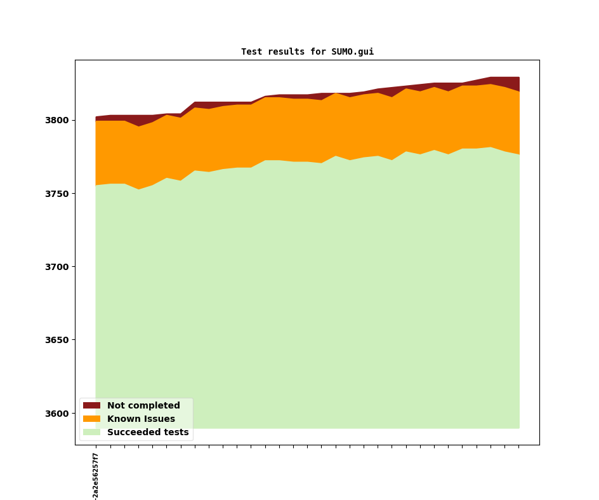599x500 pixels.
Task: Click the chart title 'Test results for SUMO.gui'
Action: point(307,52)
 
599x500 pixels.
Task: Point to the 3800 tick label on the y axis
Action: point(58,120)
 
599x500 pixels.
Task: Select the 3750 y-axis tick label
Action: point(58,194)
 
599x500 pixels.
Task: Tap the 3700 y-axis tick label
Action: point(58,267)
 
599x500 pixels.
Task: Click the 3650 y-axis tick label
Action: point(58,340)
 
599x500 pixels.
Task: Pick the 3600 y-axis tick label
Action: point(58,414)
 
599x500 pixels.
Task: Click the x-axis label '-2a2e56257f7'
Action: point(96,476)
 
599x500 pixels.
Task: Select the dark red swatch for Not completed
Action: point(91,405)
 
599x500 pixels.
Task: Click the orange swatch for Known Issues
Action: point(91,419)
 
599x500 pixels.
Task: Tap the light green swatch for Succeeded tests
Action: point(91,432)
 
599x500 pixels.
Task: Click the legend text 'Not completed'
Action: point(143,405)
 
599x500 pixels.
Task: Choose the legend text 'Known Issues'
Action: point(141,419)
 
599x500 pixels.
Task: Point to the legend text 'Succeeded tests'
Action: point(148,432)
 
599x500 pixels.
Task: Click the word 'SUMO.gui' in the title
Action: point(353,52)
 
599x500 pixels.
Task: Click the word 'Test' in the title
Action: point(251,52)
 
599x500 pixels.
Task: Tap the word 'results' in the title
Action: point(284,52)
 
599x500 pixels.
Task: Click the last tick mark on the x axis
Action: point(519,447)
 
